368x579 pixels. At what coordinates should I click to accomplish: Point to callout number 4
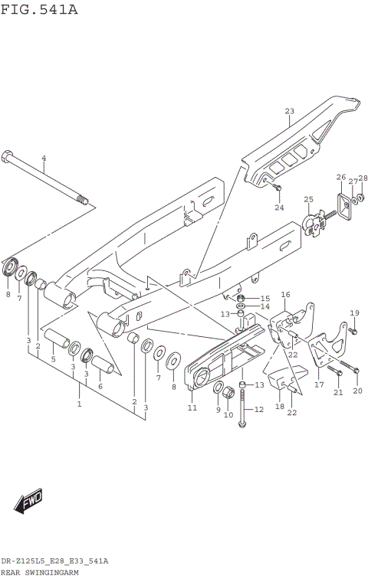coord(44,159)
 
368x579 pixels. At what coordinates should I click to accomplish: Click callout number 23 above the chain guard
coord(289,112)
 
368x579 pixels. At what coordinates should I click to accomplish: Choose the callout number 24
coord(279,208)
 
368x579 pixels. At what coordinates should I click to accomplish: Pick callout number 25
coord(308,200)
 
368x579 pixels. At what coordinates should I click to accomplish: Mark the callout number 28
coord(363,178)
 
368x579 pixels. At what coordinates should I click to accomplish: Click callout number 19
coord(354,312)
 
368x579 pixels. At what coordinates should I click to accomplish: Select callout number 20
coord(356,391)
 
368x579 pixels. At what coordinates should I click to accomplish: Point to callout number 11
coord(192,407)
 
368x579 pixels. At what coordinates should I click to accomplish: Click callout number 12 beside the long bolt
coord(258,410)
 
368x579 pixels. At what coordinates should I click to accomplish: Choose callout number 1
coord(79,403)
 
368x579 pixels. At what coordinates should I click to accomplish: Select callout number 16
coord(284,294)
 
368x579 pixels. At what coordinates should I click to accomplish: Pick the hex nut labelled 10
coord(228,394)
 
